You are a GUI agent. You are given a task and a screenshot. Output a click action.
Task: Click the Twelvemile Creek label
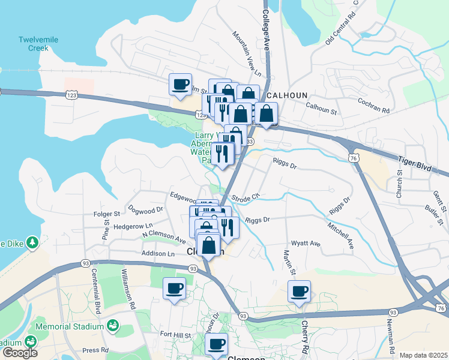[37, 44]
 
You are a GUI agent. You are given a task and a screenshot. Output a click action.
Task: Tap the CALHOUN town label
[287, 95]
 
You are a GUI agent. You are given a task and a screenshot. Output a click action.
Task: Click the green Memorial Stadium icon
[112, 326]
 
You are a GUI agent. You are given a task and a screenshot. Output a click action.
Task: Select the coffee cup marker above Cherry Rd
[299, 292]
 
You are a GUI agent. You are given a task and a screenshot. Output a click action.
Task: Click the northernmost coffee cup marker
[180, 84]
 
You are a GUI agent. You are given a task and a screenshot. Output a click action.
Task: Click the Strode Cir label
[245, 196]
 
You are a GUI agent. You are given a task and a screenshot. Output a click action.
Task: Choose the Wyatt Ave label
[306, 244]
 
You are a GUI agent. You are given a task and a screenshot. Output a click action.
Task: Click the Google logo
[20, 353]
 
